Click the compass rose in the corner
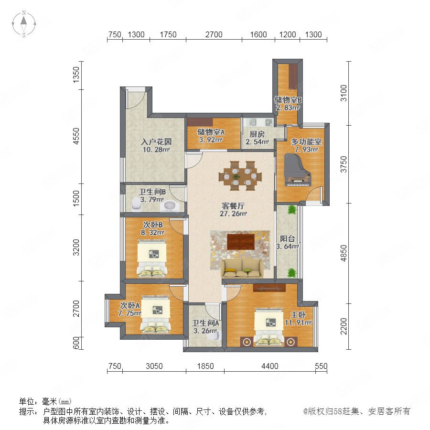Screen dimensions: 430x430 point(24,24)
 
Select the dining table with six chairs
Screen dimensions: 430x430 point(240,176)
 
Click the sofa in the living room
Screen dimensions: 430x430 point(242,269)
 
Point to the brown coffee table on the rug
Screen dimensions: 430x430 point(241,242)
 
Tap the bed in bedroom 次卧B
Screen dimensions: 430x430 point(151,258)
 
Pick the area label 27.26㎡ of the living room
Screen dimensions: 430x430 point(233,214)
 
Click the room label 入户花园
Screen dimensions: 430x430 point(156,142)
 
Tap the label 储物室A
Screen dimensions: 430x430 point(211,132)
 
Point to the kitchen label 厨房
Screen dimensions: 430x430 point(257,134)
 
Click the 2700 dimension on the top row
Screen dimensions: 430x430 point(214,34)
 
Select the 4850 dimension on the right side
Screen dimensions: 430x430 point(344,253)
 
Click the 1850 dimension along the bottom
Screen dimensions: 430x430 point(205,366)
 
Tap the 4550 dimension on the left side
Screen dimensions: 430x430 point(76,136)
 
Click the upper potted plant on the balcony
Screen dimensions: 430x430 point(292,210)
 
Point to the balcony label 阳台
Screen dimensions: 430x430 point(287,238)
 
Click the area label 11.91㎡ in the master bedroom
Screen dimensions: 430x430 point(298,323)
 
